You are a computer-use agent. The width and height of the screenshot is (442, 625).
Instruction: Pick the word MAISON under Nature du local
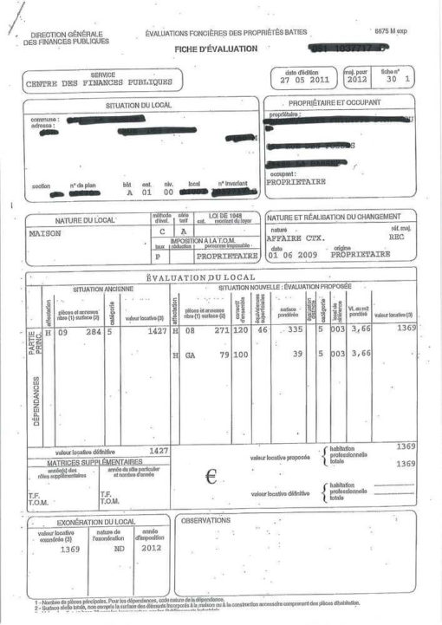(46, 234)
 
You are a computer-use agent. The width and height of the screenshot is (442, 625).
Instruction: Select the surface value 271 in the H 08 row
(218, 331)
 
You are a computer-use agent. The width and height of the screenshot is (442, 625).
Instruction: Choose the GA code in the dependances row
(190, 354)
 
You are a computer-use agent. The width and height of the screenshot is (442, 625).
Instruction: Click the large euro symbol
(210, 476)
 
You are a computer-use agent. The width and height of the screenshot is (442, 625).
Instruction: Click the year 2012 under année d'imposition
(152, 549)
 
